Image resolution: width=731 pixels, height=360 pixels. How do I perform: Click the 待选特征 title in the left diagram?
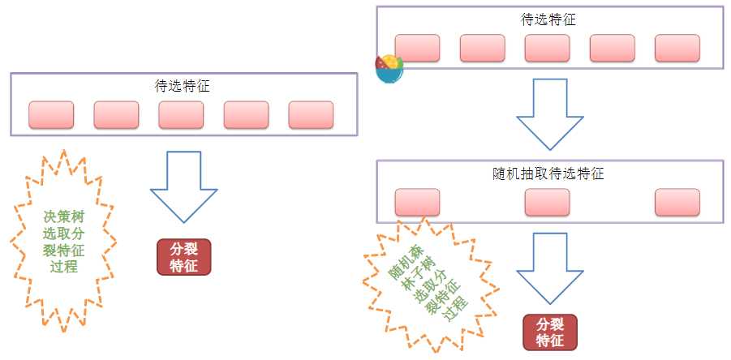click(x=182, y=85)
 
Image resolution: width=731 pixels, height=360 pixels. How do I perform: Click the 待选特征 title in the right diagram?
click(x=548, y=19)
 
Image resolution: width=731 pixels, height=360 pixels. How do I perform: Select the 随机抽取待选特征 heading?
click(x=548, y=173)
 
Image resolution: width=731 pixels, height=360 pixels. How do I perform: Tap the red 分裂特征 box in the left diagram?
click(x=183, y=257)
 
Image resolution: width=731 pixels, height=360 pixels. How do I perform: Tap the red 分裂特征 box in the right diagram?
click(x=550, y=332)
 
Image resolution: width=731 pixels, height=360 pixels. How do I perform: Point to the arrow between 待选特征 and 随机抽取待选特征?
click(x=549, y=114)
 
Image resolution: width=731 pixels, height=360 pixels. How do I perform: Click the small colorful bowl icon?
click(x=389, y=68)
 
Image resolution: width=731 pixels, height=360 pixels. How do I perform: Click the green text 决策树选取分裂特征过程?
click(x=63, y=241)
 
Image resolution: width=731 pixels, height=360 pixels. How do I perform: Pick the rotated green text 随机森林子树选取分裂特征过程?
click(x=426, y=285)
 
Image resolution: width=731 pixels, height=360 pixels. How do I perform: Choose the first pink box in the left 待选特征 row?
click(x=51, y=115)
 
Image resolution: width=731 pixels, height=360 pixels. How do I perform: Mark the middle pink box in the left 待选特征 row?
click(x=181, y=115)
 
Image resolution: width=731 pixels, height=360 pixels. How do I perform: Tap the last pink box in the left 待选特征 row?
click(x=311, y=115)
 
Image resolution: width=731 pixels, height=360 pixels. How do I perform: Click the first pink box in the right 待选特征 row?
click(x=417, y=48)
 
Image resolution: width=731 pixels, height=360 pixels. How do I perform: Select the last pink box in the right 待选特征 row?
click(x=677, y=48)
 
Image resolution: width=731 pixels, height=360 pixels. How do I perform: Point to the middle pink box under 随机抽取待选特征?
click(x=547, y=203)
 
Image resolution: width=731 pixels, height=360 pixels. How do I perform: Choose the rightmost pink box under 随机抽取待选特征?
click(x=677, y=203)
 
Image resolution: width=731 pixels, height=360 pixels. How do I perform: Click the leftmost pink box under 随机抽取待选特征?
click(x=417, y=203)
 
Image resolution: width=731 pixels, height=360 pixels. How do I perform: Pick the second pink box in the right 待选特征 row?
click(x=482, y=48)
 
